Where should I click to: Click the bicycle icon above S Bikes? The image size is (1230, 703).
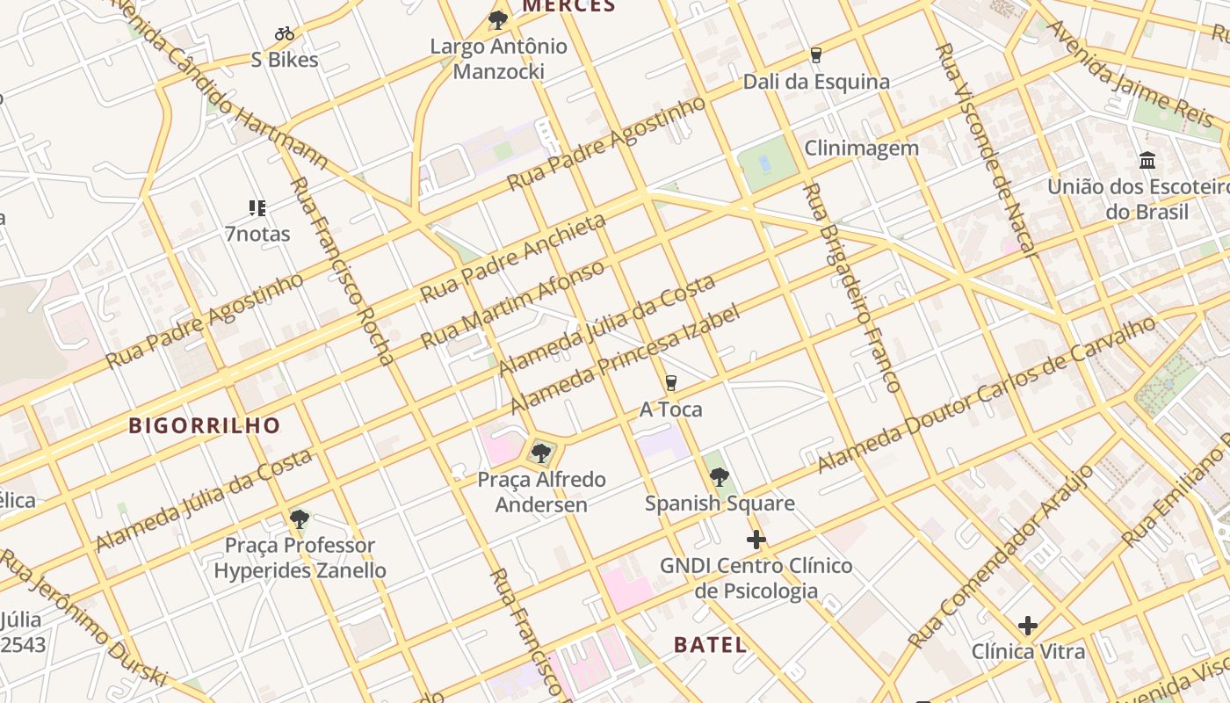[x=285, y=34]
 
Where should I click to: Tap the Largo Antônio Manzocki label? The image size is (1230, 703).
[x=498, y=58]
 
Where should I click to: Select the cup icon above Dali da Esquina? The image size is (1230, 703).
[x=816, y=55]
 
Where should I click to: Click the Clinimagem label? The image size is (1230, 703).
[x=861, y=148]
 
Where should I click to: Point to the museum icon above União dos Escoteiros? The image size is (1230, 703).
[x=1147, y=161]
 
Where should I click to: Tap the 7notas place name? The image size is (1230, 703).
[x=257, y=235]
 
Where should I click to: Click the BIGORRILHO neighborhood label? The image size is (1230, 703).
[x=205, y=426]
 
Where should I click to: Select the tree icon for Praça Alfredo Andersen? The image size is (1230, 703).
[x=541, y=453]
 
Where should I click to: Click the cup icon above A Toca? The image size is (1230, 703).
[x=671, y=383]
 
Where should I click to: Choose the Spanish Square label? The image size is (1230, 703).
[x=720, y=504]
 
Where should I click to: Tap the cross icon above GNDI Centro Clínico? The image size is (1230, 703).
[x=756, y=540]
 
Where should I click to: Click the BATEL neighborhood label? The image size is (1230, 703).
[x=711, y=644]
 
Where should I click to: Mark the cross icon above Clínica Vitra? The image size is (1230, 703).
[x=1028, y=626]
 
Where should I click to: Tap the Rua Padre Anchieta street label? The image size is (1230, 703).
[x=514, y=257]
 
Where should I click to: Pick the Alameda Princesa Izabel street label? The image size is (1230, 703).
[x=625, y=359]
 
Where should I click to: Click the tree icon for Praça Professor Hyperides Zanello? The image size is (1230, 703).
[x=300, y=518]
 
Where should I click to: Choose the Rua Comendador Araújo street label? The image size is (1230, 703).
[x=1001, y=557]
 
